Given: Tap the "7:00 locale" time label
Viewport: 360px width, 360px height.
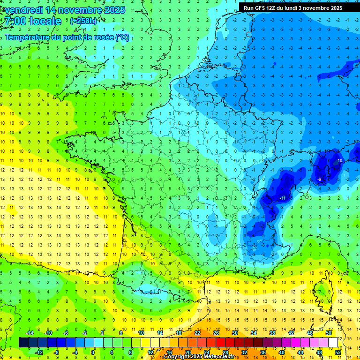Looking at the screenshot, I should click(32, 21).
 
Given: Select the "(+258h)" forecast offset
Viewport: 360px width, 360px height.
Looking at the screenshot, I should click(83, 21).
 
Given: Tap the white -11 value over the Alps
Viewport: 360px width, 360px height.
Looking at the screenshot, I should click(283, 198).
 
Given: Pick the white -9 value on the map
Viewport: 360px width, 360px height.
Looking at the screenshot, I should click(319, 180).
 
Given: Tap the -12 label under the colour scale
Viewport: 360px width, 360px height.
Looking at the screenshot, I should click(39, 352).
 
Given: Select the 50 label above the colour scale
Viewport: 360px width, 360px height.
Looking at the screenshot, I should click(328, 333).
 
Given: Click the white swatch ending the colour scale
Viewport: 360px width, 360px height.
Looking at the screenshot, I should click(333, 343).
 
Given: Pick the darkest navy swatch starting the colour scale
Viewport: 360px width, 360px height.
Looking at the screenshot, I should click(23, 343).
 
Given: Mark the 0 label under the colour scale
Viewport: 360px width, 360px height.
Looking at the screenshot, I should click(93, 352).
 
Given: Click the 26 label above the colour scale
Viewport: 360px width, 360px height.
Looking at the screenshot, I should click(216, 333).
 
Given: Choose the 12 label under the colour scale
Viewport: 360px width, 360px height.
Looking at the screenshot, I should click(150, 352).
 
